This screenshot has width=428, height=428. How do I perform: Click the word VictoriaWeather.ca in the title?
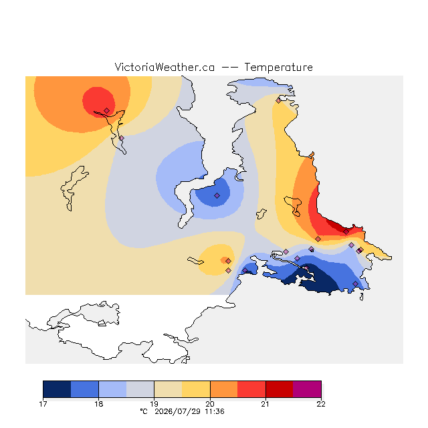[x=165, y=67]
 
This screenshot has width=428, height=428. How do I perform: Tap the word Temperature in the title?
[x=278, y=67]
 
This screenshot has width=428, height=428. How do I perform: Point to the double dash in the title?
[x=229, y=68]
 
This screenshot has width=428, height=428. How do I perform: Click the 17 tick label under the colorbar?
[x=43, y=404]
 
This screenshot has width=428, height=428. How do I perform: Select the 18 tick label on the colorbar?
[x=99, y=404]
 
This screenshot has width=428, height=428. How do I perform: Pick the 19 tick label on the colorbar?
[x=154, y=404]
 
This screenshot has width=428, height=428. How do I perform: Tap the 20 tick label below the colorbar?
[x=210, y=404]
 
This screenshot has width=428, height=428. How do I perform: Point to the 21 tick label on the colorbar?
[x=265, y=404]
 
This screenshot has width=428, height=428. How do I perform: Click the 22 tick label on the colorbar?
[x=321, y=404]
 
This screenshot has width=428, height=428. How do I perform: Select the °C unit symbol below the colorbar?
[x=144, y=411]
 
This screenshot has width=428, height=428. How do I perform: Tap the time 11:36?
[x=215, y=411]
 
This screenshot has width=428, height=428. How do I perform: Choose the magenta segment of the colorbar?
[x=307, y=389]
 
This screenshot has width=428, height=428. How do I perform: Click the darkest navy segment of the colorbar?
[x=57, y=389]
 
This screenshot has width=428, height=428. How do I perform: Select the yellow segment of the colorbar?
[x=196, y=389]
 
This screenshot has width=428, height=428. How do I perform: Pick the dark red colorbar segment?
[x=280, y=389]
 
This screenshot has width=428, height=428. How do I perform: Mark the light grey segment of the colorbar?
[x=140, y=389]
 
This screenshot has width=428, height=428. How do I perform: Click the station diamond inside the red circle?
[x=107, y=110]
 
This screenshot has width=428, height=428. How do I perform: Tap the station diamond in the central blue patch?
[x=217, y=195]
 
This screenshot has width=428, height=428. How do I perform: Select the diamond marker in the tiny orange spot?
[x=229, y=261]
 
